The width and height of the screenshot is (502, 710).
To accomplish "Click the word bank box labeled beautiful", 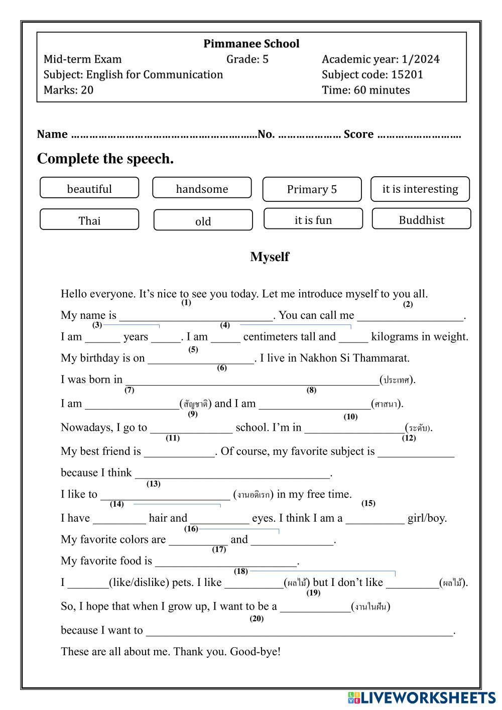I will coord(89,189).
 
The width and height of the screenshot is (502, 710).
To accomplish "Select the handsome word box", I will coord(202,189).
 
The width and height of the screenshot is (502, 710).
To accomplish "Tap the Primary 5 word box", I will coord(312,189).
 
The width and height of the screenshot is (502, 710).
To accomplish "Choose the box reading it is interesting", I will coord(420,189).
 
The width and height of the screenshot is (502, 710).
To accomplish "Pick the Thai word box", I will coord(89,220).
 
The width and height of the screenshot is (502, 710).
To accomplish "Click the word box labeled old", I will coord(203,221).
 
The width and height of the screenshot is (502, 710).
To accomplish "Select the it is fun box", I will coord(313,220).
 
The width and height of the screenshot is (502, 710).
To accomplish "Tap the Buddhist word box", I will coord(421,220).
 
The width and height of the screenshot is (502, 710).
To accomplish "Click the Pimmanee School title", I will coord(251,44).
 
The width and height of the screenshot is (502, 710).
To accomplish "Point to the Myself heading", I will coord(270,257).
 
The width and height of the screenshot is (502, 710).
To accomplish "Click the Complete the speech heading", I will coord(105,159).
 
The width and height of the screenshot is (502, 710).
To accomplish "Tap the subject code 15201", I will coord(407,75).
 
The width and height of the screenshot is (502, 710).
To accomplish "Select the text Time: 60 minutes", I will coord(365,90).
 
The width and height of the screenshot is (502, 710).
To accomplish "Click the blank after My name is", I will coord(196,316).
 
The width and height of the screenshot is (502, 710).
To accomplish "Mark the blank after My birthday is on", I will coord(201,359).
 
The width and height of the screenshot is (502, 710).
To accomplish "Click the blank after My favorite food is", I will coord(226,561).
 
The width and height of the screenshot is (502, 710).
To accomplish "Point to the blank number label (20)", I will coord(257,619).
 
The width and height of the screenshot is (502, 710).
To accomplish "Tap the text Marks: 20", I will coord(68,90).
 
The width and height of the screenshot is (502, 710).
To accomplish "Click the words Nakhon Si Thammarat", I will coord(354,358).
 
